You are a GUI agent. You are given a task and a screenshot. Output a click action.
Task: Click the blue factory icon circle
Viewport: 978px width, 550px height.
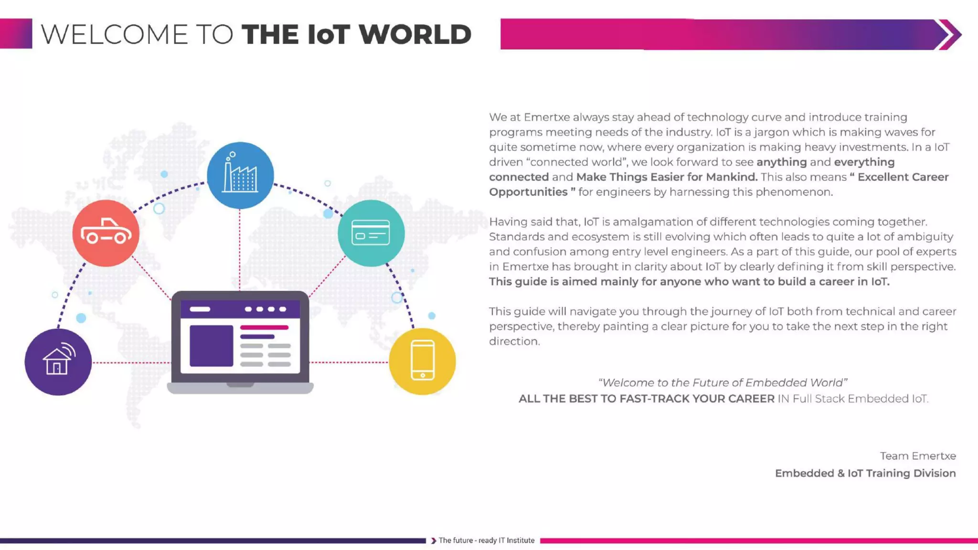(x=240, y=175)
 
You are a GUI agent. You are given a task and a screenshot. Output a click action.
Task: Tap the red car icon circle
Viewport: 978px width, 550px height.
(x=106, y=233)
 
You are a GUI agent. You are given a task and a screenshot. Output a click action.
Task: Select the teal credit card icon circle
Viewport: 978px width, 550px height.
(x=371, y=233)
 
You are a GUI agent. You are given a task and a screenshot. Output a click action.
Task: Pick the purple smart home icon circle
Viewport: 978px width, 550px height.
(x=58, y=362)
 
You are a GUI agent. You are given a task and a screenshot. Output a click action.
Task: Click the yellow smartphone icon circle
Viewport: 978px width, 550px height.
(x=422, y=361)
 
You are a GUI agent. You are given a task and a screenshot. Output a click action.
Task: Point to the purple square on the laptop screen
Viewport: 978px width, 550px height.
(x=211, y=346)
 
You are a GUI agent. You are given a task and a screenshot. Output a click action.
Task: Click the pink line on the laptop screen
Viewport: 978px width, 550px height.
(x=264, y=328)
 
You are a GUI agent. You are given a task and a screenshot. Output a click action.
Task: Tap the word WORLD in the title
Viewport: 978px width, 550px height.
(x=415, y=34)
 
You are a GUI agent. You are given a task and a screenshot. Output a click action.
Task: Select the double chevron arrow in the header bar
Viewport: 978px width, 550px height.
(x=949, y=34)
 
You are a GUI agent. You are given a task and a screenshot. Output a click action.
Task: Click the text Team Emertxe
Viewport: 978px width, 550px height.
(x=918, y=456)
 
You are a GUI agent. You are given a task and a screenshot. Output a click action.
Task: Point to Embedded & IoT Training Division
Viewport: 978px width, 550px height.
(x=865, y=473)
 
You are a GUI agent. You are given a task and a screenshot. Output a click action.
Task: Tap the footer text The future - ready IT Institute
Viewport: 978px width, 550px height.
(x=486, y=540)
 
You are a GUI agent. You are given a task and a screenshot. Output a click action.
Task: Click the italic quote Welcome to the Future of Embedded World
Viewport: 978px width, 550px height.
(x=723, y=382)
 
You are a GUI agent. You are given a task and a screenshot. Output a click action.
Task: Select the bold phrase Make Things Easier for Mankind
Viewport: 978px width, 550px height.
(x=667, y=177)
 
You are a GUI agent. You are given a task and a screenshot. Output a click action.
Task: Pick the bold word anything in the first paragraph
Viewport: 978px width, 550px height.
(x=781, y=162)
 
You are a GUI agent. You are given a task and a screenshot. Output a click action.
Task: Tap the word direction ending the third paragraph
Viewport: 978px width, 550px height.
(x=514, y=341)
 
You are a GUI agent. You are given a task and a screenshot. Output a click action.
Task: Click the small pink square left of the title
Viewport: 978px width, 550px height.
(x=16, y=33)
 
